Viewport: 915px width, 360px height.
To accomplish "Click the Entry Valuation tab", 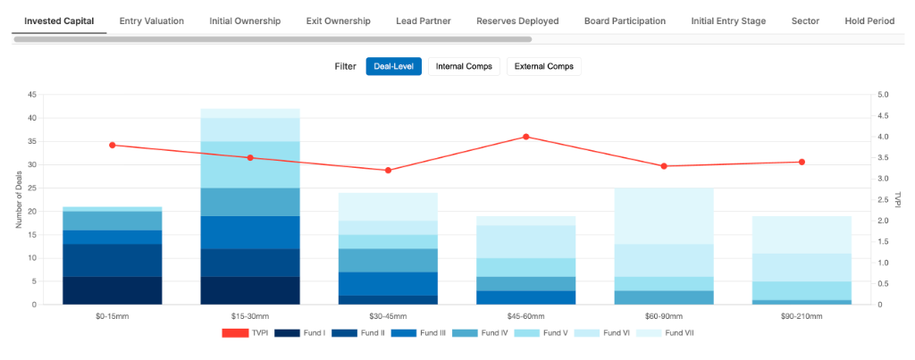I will [152, 21].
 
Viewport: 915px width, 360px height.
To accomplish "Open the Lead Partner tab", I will [423, 21].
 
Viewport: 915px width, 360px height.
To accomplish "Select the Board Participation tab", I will [625, 21].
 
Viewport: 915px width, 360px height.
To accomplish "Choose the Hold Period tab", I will [869, 21].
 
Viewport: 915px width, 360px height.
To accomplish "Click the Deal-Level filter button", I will [393, 66].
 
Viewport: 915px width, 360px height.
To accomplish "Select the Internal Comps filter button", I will [464, 66].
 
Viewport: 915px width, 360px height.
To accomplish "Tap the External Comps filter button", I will [543, 66].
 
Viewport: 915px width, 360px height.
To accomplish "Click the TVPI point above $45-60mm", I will [526, 137].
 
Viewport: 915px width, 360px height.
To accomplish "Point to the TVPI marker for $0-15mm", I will [113, 145].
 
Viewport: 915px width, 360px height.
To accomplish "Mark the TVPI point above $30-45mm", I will [388, 170].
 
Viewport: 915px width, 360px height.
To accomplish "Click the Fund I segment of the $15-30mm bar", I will [250, 290].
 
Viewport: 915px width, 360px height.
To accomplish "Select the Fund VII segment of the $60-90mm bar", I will [664, 215].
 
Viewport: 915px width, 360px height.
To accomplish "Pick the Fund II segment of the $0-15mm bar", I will [113, 260].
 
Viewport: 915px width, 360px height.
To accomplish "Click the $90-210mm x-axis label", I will [802, 316].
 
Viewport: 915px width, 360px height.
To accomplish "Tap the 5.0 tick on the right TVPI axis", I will [883, 95].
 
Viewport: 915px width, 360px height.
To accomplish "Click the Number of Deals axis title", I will [19, 199].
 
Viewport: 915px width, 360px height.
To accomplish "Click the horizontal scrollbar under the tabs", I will [273, 39].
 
